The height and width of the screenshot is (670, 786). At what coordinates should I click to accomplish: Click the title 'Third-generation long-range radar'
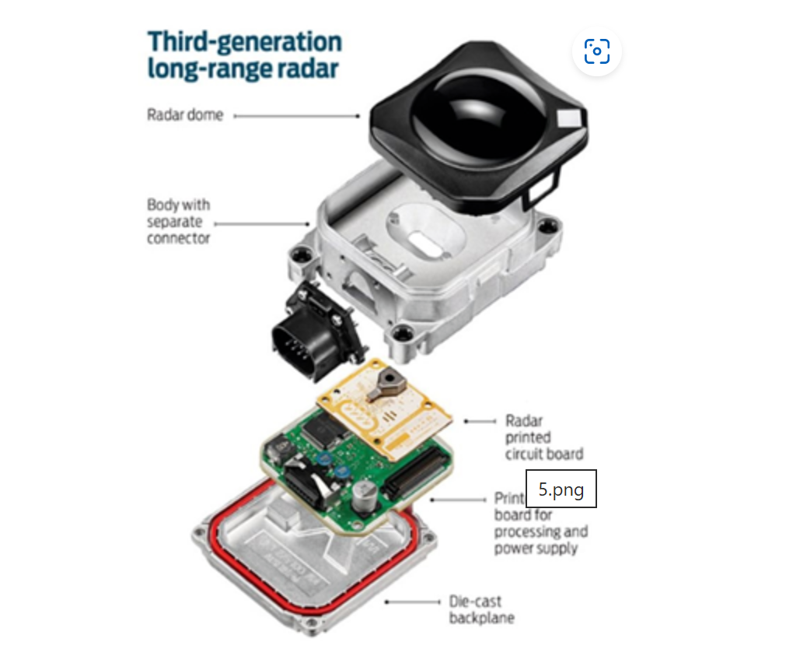[x=244, y=54]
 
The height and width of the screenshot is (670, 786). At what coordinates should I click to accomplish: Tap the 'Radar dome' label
[x=185, y=115]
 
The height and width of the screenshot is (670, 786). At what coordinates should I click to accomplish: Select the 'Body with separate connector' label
[x=179, y=221]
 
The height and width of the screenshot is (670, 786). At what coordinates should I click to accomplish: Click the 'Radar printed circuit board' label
[x=543, y=437]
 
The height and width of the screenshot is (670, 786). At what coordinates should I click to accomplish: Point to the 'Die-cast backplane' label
[x=481, y=609]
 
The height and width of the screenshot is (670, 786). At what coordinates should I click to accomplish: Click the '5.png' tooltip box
[x=561, y=489]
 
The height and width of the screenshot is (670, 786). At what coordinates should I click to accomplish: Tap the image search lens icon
[x=596, y=52]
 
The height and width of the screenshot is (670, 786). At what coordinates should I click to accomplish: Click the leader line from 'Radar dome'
[x=296, y=116]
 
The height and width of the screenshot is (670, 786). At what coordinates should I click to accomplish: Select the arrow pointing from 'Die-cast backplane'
[x=411, y=602]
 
